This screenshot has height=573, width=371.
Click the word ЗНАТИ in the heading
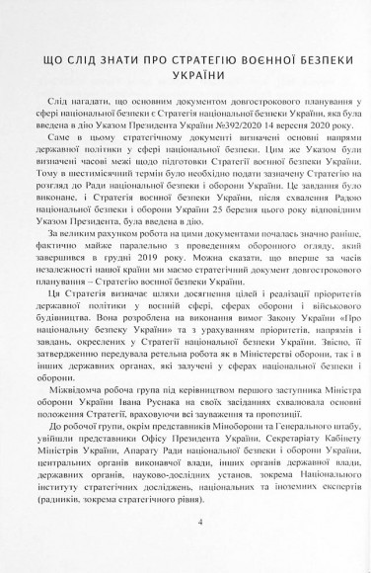tap(118, 58)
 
